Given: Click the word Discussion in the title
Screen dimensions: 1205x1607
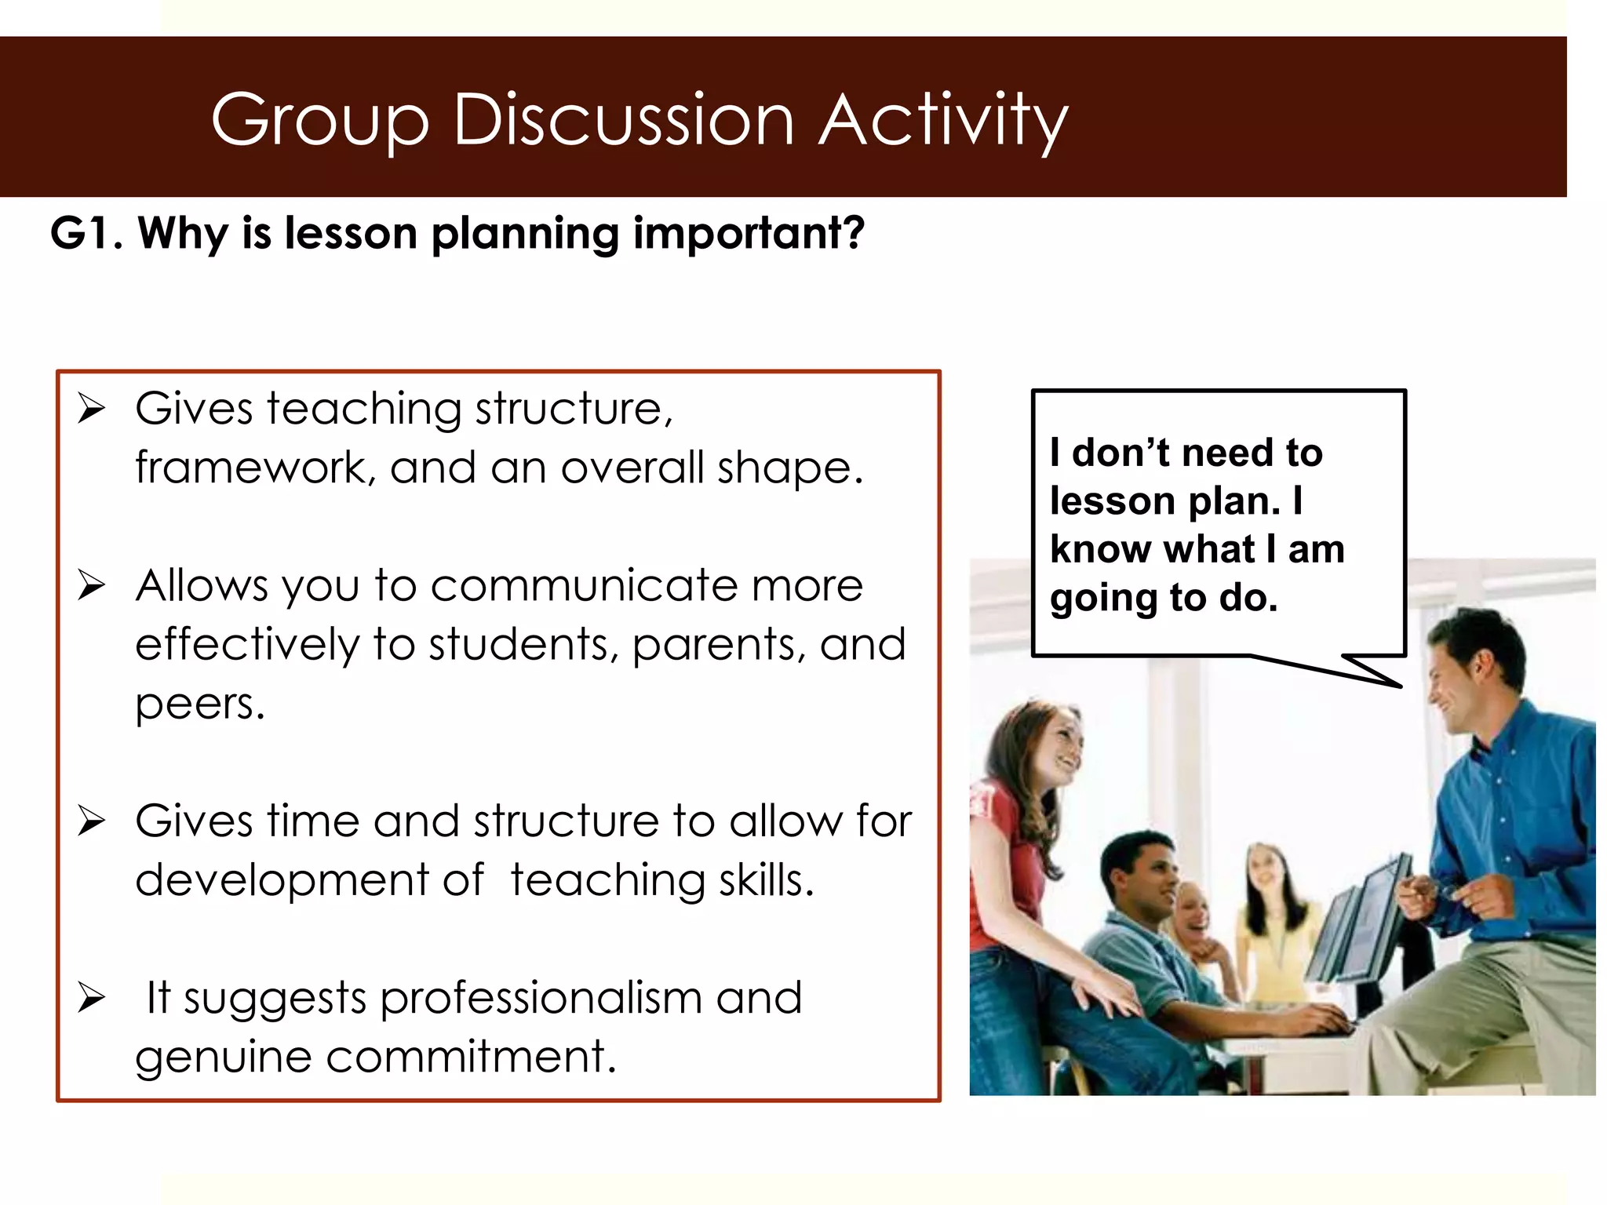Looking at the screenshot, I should pos(624,119).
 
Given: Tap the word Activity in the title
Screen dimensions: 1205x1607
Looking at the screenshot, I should pos(943,119).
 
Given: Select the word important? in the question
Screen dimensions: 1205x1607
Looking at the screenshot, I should pos(749,233).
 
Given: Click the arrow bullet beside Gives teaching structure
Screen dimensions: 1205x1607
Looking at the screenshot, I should pos(91,409).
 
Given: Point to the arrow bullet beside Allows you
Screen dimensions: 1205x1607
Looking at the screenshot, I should pos(91,585).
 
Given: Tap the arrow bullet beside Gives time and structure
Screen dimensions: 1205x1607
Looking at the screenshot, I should pos(91,821).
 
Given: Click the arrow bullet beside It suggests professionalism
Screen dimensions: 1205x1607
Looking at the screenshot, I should pos(91,998).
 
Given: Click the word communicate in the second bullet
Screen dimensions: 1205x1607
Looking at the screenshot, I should pos(584,585).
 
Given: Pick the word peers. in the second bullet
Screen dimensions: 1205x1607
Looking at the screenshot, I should pos(200,704).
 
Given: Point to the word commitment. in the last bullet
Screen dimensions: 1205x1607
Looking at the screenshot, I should pos(471,1057).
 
